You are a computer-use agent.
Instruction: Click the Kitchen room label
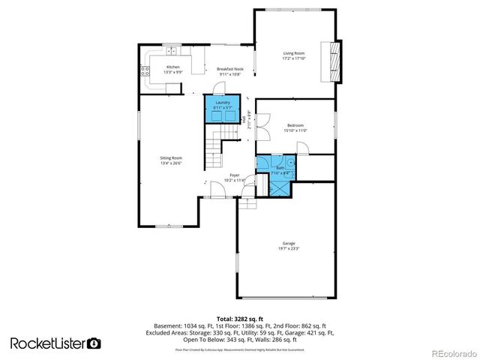pyautogui.click(x=172, y=67)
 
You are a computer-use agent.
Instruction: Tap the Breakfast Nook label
pyautogui.click(x=230, y=69)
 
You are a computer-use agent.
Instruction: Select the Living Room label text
pyautogui.click(x=293, y=53)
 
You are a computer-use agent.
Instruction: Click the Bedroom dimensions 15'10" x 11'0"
pyautogui.click(x=295, y=130)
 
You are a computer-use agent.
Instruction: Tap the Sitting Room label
pyautogui.click(x=171, y=157)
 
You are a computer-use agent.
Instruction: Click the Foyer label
pyautogui.click(x=234, y=175)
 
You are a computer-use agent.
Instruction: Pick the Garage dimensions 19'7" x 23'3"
pyautogui.click(x=288, y=248)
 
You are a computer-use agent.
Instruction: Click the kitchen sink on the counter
pyautogui.click(x=172, y=51)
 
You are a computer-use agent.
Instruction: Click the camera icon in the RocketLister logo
pyautogui.click(x=94, y=343)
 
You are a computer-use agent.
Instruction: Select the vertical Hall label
pyautogui.click(x=243, y=119)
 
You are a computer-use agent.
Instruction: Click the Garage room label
pyautogui.click(x=288, y=243)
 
